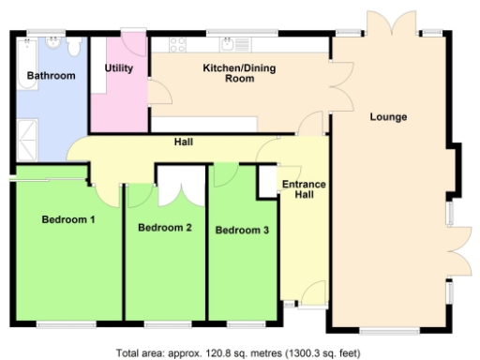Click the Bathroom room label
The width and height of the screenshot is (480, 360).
point(51,75)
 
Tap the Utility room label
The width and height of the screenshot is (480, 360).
point(119,68)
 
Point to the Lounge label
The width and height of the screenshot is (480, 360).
point(388,117)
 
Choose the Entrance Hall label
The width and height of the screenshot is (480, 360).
point(304,190)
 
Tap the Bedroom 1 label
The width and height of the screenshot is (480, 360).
point(68,220)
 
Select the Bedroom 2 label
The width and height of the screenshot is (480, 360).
point(165,228)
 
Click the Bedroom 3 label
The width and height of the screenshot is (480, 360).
point(242,230)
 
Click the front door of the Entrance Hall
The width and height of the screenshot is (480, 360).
point(312,293)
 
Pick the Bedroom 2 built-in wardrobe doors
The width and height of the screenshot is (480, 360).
point(177,185)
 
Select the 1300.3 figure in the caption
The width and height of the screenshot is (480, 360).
point(302,353)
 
